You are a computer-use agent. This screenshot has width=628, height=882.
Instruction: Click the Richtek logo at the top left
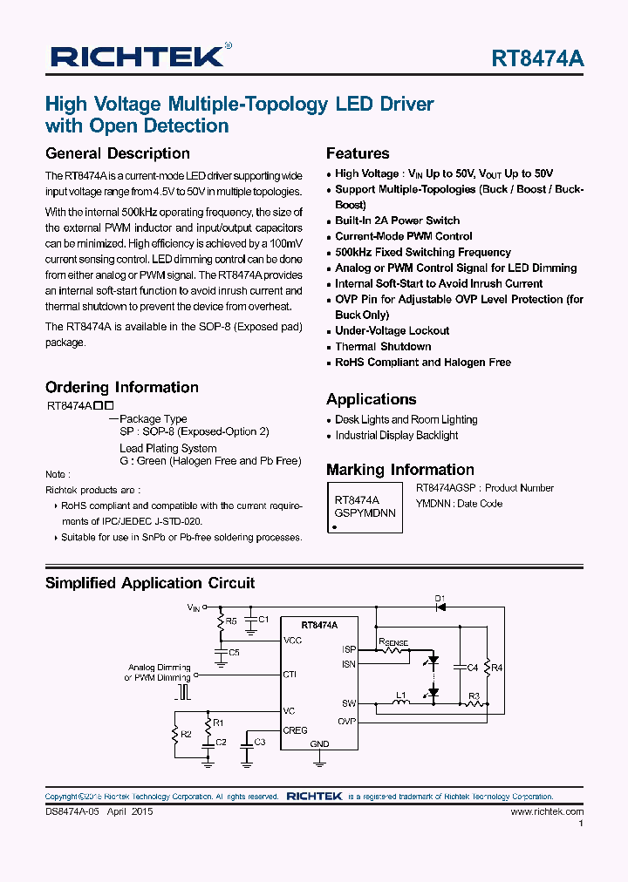click(140, 57)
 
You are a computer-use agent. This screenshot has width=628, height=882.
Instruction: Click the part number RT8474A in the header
click(537, 58)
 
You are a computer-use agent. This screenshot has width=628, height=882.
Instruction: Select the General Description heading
click(117, 153)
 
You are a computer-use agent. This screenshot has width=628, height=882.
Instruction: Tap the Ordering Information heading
click(121, 387)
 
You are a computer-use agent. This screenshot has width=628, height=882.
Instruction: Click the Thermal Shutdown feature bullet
click(383, 346)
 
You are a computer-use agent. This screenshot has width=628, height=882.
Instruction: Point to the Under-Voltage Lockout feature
click(392, 330)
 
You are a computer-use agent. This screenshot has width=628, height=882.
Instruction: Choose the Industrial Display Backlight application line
click(396, 435)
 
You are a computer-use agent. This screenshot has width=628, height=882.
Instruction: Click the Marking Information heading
click(399, 469)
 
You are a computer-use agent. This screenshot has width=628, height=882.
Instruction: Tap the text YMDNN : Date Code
click(459, 503)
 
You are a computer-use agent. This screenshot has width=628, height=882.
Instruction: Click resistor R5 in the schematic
click(221, 621)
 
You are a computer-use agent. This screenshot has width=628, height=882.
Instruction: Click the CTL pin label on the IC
click(290, 674)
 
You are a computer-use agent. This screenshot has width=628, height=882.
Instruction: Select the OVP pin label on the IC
click(347, 721)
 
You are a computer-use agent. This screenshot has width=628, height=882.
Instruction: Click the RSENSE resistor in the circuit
click(393, 650)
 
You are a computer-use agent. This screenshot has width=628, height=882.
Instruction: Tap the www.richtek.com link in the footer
click(547, 811)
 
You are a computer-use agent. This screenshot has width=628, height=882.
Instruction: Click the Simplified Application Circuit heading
click(150, 583)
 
